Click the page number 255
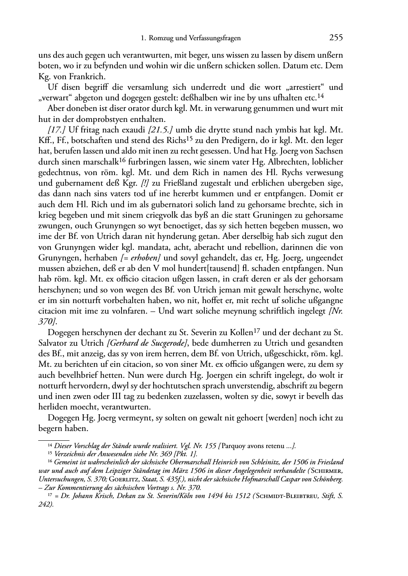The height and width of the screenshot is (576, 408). (x=336, y=38)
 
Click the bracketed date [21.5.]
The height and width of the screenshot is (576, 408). (x=161, y=130)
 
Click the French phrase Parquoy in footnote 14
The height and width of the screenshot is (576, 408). (x=235, y=446)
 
